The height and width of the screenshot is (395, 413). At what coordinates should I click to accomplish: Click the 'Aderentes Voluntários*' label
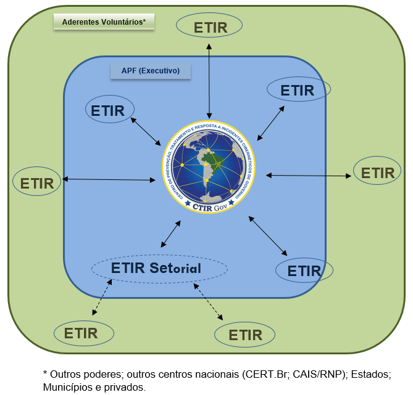tap(104, 22)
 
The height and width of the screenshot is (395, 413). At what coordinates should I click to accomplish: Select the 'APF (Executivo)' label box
tap(151, 71)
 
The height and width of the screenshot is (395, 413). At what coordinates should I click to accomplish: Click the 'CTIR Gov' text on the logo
tap(209, 207)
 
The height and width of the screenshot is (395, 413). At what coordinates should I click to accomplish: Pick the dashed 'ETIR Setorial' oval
tap(159, 269)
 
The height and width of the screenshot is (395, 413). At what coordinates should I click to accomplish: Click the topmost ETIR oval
tap(210, 26)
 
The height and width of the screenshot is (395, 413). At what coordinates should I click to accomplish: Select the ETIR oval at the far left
tap(37, 182)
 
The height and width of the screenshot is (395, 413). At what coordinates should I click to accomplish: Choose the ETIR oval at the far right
tap(377, 173)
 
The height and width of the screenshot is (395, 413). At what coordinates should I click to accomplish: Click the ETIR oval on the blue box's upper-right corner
tap(298, 90)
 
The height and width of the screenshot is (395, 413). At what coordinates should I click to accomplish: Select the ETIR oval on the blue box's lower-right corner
tap(304, 271)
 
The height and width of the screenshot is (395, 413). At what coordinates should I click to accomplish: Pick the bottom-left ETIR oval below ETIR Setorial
tap(84, 333)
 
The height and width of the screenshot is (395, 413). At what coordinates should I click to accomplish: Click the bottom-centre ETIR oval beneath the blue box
tap(246, 335)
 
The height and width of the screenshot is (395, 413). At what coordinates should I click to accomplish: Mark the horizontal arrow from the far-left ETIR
tap(109, 179)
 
